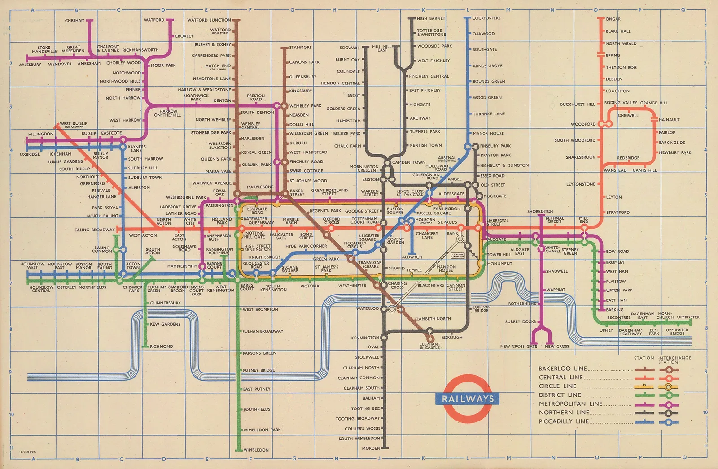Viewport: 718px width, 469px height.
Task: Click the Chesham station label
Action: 74,21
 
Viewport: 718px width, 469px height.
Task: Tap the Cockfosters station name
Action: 486,18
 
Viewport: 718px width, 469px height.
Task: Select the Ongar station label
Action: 613,19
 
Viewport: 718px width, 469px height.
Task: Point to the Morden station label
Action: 371,448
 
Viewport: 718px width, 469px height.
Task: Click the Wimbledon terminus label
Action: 256,450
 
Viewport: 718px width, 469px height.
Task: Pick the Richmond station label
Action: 161,347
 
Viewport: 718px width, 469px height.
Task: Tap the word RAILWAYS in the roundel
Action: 468,399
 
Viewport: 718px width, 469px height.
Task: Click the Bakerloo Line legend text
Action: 563,369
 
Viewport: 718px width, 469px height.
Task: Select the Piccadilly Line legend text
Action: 564,421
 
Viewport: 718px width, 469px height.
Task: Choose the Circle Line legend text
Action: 557,386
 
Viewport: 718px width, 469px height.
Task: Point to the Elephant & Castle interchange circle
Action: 430,338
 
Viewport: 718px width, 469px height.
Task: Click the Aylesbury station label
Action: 30,65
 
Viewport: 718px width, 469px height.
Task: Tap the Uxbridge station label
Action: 30,154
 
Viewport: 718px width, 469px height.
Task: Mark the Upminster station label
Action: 688,317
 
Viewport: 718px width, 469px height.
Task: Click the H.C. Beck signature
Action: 27,452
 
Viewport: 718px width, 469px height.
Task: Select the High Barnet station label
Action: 431,19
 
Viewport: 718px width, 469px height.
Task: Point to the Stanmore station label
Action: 300,48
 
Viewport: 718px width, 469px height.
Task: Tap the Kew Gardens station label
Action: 165,324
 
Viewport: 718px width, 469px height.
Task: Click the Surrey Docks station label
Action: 520,321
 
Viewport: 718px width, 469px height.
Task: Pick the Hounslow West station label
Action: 32,266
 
